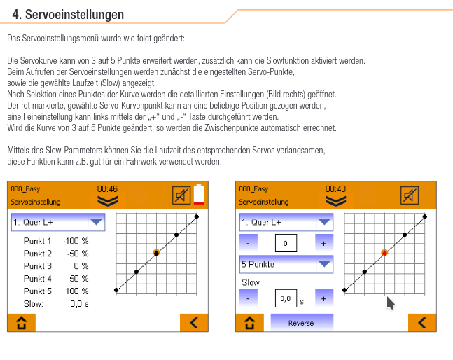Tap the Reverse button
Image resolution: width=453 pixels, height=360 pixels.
[x=301, y=323]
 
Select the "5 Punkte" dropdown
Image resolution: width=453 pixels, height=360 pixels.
[x=286, y=264]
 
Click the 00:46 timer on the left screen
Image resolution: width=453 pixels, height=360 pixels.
[x=107, y=189]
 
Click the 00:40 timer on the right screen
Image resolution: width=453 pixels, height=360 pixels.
[x=335, y=189]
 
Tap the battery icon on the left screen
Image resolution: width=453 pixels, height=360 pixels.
[x=200, y=195]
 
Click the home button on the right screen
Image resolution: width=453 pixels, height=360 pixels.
[x=249, y=323]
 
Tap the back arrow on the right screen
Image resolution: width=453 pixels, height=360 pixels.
[x=421, y=323]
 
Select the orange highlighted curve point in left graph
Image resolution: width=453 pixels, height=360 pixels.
[x=156, y=252]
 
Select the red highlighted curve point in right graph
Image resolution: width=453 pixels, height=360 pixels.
[x=384, y=252]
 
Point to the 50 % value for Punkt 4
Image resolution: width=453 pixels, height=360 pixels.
[x=79, y=278]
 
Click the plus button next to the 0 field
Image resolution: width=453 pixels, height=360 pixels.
[x=323, y=243]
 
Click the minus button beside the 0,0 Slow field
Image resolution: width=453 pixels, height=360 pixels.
[x=249, y=298]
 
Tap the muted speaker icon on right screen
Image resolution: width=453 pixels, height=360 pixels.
[x=410, y=195]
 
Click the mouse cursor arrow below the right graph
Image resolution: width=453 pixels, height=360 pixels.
[x=391, y=303]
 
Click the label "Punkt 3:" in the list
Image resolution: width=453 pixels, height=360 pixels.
[x=39, y=265]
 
